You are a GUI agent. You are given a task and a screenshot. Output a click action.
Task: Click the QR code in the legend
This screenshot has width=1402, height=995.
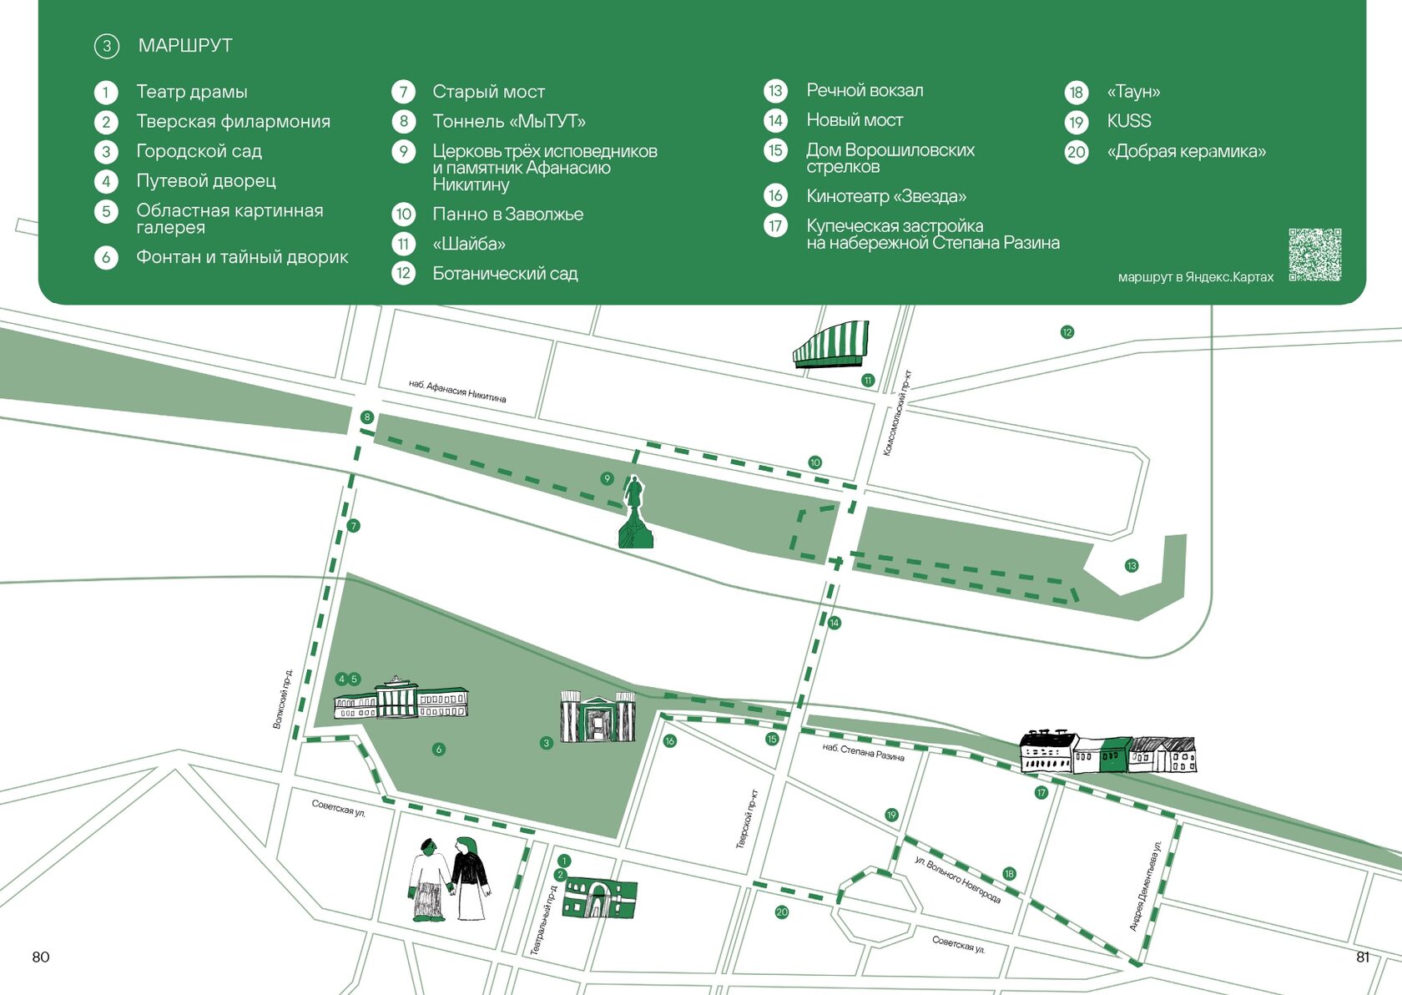[1314, 255]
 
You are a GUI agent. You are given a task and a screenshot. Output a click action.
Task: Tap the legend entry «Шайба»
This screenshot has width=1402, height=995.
[468, 244]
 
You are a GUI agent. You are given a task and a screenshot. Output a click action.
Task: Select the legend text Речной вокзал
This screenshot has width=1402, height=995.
[865, 90]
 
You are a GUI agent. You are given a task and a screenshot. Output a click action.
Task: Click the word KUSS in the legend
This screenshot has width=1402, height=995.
[1128, 121]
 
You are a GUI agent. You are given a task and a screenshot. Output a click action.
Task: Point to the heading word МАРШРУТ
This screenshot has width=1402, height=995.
[185, 46]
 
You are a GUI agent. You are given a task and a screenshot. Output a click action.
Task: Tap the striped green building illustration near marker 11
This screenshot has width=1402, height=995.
[831, 345]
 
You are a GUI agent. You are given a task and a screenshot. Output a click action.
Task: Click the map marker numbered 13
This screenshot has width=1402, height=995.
[1132, 566]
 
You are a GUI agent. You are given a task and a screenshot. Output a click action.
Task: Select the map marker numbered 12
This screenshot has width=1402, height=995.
[1067, 332]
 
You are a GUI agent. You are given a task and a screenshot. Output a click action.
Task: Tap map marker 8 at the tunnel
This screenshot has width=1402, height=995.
[366, 417]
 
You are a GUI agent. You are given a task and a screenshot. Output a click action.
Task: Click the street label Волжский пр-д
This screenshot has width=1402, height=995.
[283, 699]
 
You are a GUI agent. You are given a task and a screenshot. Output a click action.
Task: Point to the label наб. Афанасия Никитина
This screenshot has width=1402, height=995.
[457, 391]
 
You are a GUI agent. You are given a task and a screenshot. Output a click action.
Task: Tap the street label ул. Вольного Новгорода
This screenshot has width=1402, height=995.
[957, 879]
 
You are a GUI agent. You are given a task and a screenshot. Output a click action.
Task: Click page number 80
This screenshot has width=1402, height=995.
[41, 957]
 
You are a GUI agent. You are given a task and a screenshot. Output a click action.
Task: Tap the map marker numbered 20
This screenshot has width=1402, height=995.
[781, 912]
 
